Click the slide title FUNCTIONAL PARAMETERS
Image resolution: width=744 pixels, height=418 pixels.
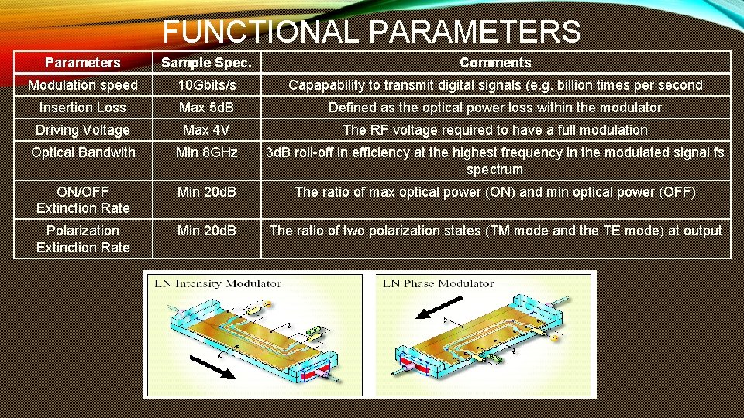click(x=371, y=32)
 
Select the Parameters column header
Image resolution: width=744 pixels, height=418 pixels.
click(x=83, y=63)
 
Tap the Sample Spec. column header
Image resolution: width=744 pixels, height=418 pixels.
click(x=205, y=63)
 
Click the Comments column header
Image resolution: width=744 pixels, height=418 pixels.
click(x=495, y=63)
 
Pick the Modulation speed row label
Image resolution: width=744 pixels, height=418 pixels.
click(x=83, y=85)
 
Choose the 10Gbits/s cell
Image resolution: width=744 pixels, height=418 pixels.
click(x=206, y=85)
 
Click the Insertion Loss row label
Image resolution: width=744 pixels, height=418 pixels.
click(x=83, y=108)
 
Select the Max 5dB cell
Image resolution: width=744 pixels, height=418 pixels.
click(x=206, y=108)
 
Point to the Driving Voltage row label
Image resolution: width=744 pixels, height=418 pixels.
click(x=83, y=130)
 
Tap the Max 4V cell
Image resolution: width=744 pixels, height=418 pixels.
click(x=206, y=130)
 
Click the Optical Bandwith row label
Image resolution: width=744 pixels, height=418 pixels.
click(x=83, y=152)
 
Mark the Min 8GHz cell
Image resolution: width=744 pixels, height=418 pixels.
click(x=206, y=152)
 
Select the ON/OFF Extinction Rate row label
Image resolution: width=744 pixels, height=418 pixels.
click(x=83, y=200)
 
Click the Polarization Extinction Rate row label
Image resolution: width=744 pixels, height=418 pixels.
click(x=83, y=238)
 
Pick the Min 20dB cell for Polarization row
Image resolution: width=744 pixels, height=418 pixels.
click(x=206, y=230)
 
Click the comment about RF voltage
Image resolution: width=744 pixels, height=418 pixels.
click(x=495, y=130)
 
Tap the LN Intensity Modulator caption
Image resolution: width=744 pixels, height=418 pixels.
click(x=218, y=284)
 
